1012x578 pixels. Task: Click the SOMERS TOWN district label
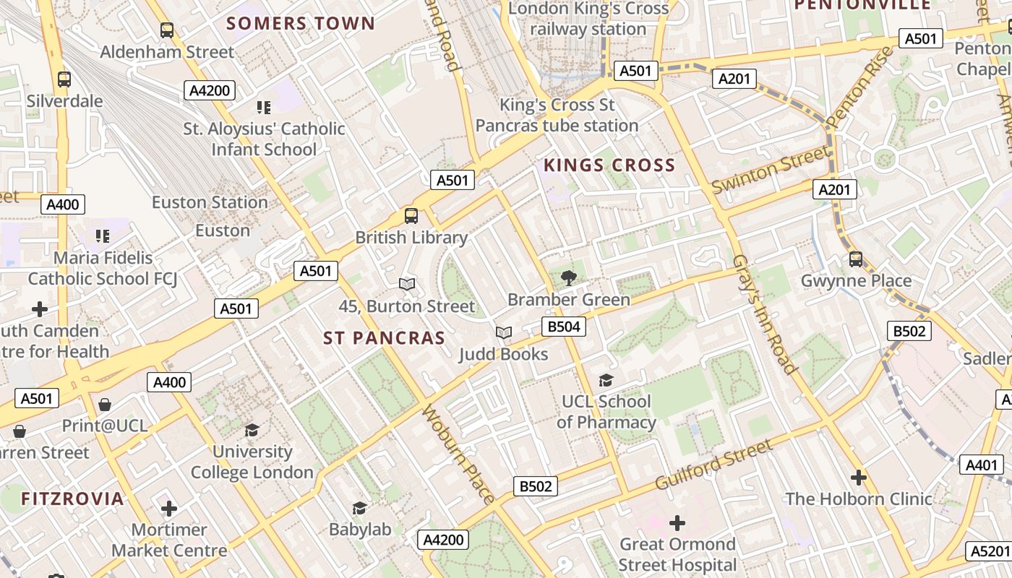click(301, 23)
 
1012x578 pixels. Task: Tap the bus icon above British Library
click(411, 215)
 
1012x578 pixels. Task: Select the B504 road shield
click(564, 327)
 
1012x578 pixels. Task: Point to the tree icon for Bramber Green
click(569, 278)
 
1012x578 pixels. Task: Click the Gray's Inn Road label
click(765, 314)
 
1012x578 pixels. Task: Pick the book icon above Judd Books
click(503, 332)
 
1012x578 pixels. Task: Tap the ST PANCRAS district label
click(384, 338)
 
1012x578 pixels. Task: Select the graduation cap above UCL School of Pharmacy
click(606, 380)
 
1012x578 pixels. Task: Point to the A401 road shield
click(982, 465)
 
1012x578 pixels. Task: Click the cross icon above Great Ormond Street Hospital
click(677, 522)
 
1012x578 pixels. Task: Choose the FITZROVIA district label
click(72, 499)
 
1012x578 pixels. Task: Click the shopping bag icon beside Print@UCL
click(105, 405)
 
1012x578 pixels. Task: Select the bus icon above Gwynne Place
click(856, 259)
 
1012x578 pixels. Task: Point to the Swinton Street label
click(771, 169)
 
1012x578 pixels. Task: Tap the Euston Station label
click(210, 202)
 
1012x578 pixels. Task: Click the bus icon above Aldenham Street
click(167, 30)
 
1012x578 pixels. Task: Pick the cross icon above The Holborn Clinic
click(859, 478)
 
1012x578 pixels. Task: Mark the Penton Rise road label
click(861, 87)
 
